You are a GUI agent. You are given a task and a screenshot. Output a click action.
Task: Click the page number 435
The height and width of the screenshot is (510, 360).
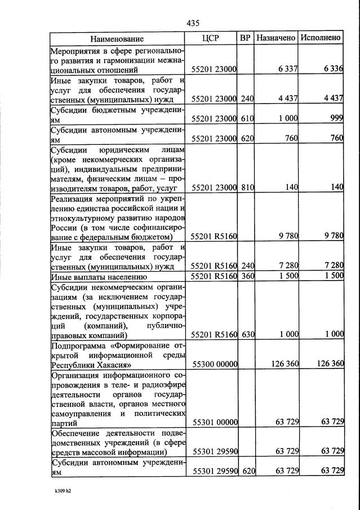(193, 23)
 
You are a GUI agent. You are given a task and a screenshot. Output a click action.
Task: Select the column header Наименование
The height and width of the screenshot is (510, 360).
(117, 38)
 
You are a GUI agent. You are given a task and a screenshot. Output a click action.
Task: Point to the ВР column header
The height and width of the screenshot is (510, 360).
(245, 38)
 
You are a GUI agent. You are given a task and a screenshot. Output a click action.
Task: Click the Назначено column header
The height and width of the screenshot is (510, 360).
(275, 38)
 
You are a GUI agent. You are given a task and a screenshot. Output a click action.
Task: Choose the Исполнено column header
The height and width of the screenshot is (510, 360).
(321, 38)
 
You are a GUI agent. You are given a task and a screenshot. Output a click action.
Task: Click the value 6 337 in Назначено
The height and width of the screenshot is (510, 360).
(287, 69)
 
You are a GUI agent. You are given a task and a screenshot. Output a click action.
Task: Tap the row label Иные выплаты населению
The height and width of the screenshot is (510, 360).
(99, 277)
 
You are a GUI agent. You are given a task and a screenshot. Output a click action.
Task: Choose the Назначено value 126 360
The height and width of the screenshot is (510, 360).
(285, 364)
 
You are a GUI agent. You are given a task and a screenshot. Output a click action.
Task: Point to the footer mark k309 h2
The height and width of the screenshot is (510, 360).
(63, 491)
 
